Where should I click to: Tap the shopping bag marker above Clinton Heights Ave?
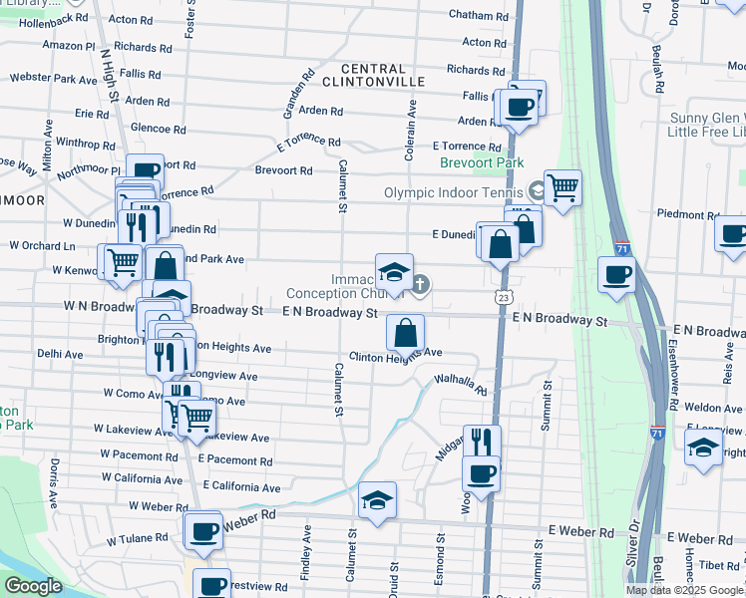[405, 332]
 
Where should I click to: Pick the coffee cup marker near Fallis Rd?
[518, 107]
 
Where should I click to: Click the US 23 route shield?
[504, 297]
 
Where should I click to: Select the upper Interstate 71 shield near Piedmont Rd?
[622, 245]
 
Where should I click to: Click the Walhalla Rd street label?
[460, 384]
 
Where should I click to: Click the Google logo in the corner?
[34, 586]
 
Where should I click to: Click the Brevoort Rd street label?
[283, 170]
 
